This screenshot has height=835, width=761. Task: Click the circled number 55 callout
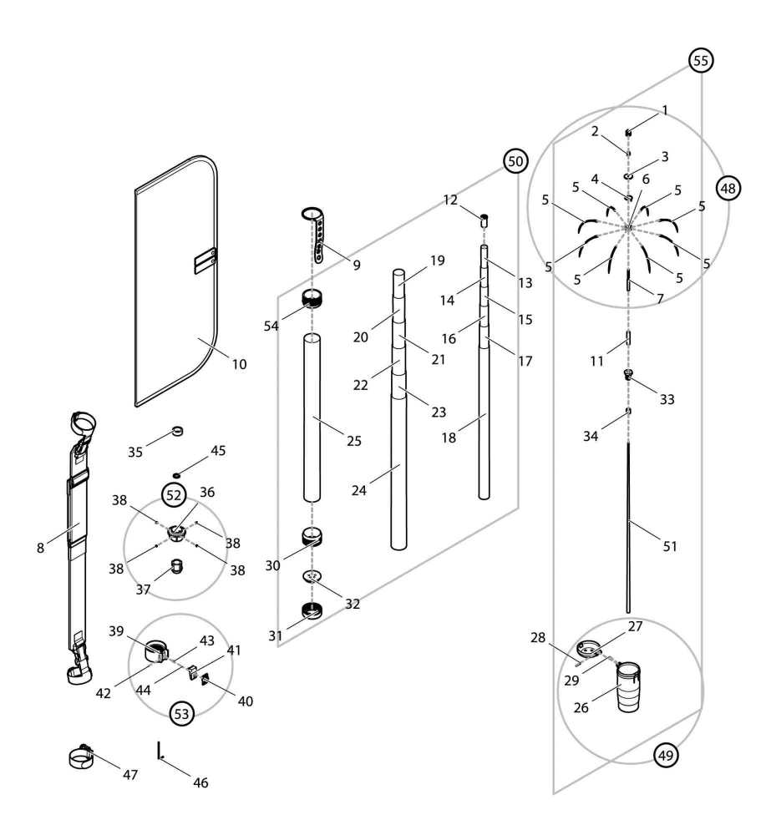tap(700, 61)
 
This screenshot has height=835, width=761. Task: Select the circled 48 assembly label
tap(728, 188)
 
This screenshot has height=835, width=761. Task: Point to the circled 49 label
tap(666, 756)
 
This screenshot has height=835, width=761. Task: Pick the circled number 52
tap(173, 494)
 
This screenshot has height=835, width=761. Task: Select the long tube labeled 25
tap(312, 417)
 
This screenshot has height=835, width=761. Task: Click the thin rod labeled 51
tap(628, 526)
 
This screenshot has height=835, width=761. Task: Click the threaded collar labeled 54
tap(312, 298)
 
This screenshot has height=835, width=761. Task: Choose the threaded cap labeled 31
tap(312, 612)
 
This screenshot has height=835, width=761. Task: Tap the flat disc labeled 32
tap(312, 576)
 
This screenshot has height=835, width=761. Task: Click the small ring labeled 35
tap(177, 431)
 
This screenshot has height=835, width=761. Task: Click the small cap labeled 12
tap(483, 221)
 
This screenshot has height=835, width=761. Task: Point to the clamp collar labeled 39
tap(156, 650)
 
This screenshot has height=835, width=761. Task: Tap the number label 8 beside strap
tap(39, 548)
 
